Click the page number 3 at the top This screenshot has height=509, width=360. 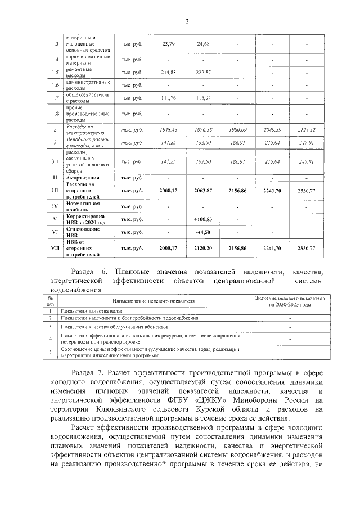(186, 21)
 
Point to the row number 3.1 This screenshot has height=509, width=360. (55, 161)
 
